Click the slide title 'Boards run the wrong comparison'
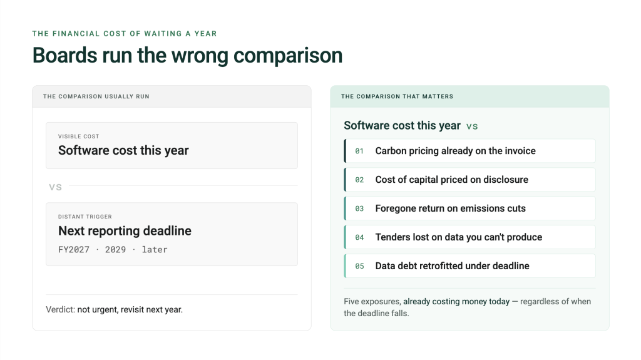click(x=187, y=56)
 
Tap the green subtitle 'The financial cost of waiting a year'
click(x=125, y=34)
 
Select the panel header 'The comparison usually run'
click(x=96, y=96)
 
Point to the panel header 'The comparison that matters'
click(x=397, y=96)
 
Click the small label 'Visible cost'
click(x=78, y=136)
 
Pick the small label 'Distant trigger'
click(x=85, y=217)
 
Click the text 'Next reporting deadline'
click(x=125, y=231)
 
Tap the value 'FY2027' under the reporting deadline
click(x=74, y=250)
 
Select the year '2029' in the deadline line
click(x=115, y=250)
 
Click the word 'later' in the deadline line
click(x=155, y=250)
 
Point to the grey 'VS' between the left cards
click(x=55, y=187)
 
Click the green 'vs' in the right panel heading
click(x=472, y=126)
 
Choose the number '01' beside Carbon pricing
click(x=359, y=151)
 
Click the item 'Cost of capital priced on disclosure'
click(x=452, y=180)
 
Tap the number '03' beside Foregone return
click(x=359, y=208)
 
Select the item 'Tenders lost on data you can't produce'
click(x=459, y=237)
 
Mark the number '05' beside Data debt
click(x=359, y=266)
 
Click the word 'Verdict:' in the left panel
click(x=61, y=310)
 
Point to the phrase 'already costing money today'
click(x=456, y=302)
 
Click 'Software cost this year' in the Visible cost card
click(x=123, y=150)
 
